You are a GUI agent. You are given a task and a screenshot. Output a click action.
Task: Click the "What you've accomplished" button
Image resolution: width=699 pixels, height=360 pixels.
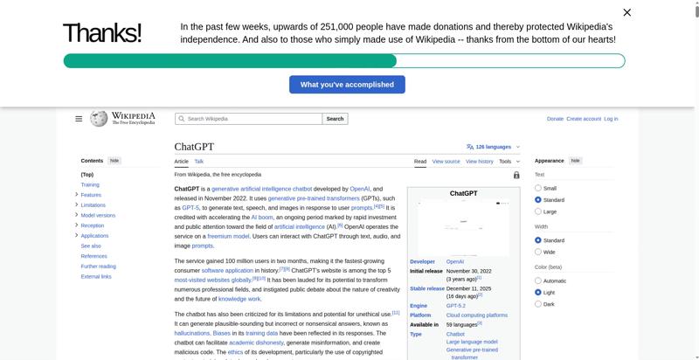click(347, 85)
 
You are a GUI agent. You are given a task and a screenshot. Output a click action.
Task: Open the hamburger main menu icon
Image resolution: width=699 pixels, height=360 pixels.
click(79, 119)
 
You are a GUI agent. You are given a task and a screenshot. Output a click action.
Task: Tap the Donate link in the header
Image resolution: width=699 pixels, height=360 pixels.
click(555, 119)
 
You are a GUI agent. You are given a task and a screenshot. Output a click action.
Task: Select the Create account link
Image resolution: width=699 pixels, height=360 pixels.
click(584, 119)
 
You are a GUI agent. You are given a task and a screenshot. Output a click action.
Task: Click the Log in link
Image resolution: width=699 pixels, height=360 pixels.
click(611, 119)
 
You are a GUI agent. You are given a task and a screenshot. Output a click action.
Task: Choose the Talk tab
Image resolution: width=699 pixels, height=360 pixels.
click(199, 162)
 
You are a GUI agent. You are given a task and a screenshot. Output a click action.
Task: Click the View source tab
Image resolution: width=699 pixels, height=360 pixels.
click(446, 162)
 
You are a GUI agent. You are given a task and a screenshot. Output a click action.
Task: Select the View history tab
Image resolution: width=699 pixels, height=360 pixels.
click(480, 162)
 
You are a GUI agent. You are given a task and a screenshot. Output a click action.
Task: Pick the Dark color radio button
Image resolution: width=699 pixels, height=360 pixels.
click(538, 304)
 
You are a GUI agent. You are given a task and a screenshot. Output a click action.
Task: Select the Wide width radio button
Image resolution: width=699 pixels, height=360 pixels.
click(538, 252)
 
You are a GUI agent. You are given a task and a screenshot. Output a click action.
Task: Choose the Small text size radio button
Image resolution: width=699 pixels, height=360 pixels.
click(538, 188)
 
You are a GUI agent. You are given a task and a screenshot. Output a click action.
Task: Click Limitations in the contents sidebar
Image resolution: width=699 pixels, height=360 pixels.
click(93, 205)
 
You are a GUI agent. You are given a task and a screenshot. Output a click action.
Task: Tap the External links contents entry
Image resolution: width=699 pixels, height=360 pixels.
click(96, 276)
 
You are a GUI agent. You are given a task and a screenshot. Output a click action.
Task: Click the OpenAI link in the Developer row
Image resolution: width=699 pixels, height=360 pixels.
click(455, 261)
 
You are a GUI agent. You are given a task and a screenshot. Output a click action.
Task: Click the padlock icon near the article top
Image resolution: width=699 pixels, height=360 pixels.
click(516, 175)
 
